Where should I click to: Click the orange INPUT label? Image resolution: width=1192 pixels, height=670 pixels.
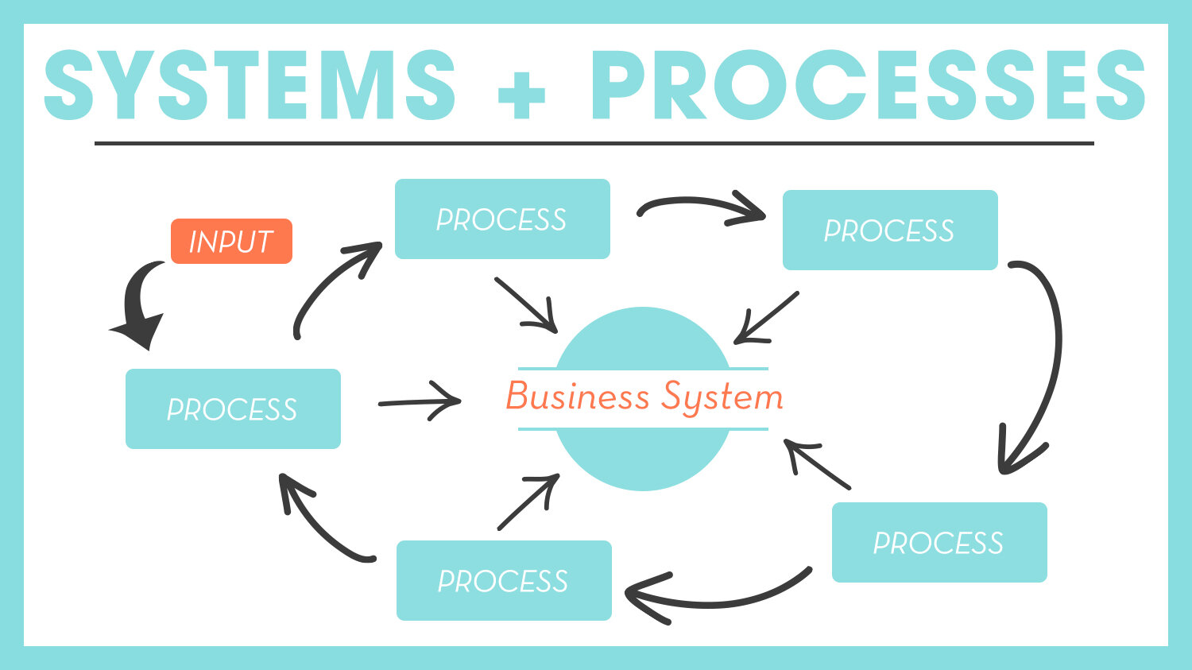pos(231,241)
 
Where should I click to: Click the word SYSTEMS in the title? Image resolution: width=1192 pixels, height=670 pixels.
pos(250,86)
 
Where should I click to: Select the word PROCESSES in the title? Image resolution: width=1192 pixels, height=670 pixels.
pos(867,86)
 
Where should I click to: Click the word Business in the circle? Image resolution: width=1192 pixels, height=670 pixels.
pos(578,396)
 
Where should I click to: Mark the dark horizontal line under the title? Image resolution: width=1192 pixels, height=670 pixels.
pos(594,144)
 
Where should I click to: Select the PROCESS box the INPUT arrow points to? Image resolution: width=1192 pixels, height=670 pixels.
pos(233,409)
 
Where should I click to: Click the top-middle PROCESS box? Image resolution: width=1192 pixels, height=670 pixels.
pos(502,219)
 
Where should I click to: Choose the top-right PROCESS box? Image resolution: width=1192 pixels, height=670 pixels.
pos(890,230)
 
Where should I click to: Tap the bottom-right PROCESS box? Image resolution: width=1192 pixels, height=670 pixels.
pos(939,542)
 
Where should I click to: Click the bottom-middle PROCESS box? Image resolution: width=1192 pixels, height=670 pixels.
pos(504,580)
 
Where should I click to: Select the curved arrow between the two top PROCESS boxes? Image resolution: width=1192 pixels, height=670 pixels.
pos(699,207)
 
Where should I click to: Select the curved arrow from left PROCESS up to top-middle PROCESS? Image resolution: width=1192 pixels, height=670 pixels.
pos(330,286)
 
